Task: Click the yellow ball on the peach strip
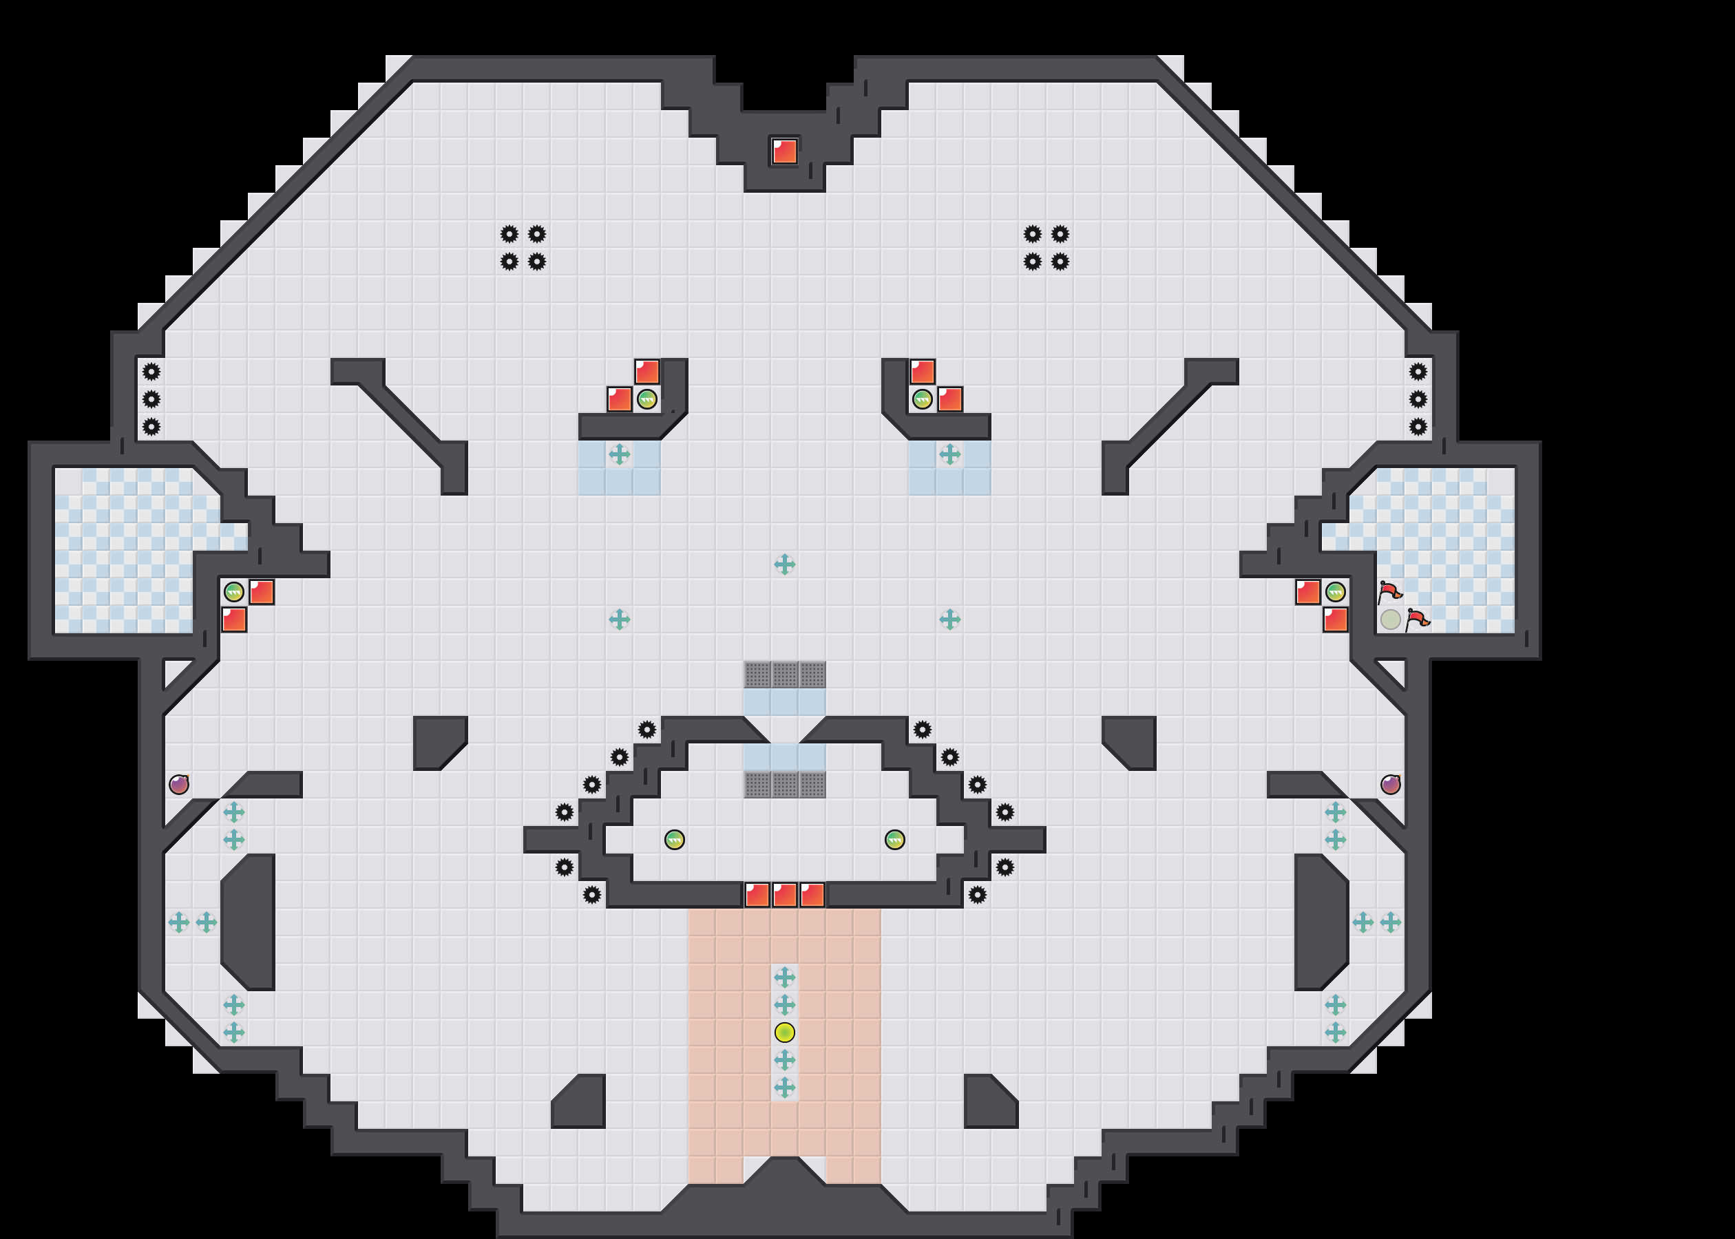784,1032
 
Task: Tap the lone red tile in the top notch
784,151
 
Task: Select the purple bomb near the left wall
178,784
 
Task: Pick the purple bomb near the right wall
1390,784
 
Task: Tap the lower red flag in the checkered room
1418,619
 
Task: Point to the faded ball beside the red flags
1390,619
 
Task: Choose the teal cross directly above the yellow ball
784,1005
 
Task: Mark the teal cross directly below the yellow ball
784,1060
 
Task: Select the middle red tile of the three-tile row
784,894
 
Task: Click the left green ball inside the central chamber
675,839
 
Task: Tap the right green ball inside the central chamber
894,839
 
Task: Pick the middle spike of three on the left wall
151,399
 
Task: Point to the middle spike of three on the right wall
1418,399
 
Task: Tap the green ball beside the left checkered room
233,592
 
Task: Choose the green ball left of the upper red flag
1335,592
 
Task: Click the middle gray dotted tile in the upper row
784,675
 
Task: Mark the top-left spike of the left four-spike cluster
509,233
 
